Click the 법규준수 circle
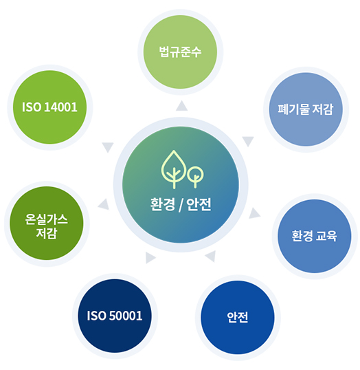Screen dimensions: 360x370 click(181, 52)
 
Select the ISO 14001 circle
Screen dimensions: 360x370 click(49, 107)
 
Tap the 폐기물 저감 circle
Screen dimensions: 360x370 click(306, 109)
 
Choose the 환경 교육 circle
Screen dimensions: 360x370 click(314, 236)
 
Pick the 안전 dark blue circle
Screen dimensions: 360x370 click(238, 317)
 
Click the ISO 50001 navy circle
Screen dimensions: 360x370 click(115, 316)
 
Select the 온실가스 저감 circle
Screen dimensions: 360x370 click(47, 224)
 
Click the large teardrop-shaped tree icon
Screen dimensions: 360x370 click(174, 169)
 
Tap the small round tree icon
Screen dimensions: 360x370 click(195, 177)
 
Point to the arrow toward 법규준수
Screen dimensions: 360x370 click(182, 106)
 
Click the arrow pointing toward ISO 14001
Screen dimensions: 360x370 click(108, 147)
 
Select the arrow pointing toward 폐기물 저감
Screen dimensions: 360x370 click(248, 141)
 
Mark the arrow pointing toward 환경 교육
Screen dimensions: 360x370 click(254, 213)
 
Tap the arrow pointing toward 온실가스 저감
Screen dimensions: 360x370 click(104, 204)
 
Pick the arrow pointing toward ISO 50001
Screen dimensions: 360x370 click(150, 258)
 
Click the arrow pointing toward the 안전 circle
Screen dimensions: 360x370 click(210, 257)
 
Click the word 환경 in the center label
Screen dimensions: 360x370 click(163, 204)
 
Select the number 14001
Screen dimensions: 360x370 click(61, 107)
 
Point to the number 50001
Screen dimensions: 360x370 click(126, 316)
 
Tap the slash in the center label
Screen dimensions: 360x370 click(181, 205)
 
